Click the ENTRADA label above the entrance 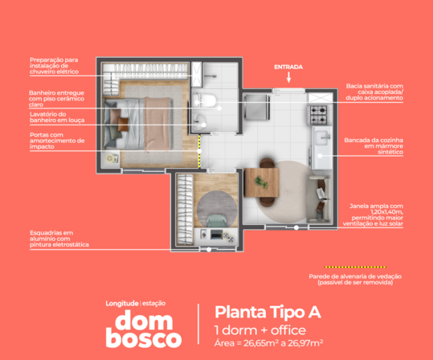click(x=288, y=67)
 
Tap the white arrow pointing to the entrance click(x=288, y=77)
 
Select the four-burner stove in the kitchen click(x=319, y=115)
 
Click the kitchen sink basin click(x=323, y=137)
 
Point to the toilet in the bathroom click(x=205, y=100)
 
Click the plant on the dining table click(x=261, y=182)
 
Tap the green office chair click(x=217, y=221)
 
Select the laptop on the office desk click(x=217, y=235)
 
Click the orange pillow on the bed click(x=123, y=125)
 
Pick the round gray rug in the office click(x=217, y=209)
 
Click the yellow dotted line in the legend click(x=355, y=267)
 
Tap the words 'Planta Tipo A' click(x=268, y=313)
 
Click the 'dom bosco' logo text click(x=144, y=329)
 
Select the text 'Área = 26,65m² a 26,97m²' click(x=268, y=343)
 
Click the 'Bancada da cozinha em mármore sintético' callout click(x=374, y=146)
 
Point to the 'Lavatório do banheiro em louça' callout click(x=57, y=117)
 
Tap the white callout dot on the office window click(x=209, y=249)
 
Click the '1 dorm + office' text click(x=260, y=330)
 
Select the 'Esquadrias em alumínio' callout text click(x=59, y=239)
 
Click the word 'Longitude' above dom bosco click(x=122, y=304)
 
